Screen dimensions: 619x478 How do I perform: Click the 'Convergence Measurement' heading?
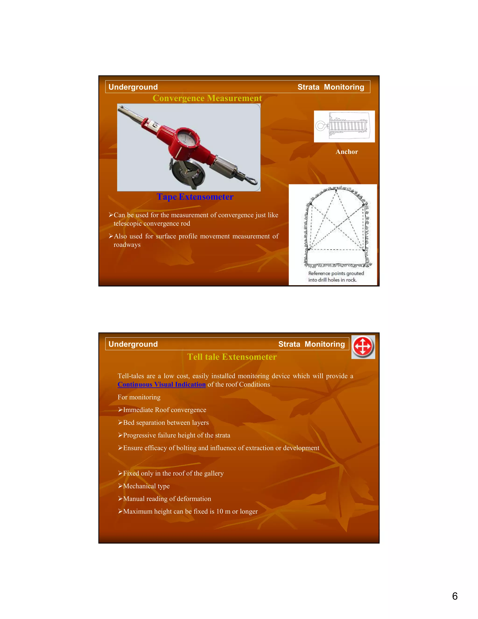[x=207, y=98]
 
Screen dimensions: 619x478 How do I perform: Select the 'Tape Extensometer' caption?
[x=195, y=197]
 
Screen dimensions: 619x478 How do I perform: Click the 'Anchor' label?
[x=347, y=152]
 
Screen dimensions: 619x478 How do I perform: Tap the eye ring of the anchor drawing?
[x=320, y=126]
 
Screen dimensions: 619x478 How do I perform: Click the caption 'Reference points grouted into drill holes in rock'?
[x=336, y=277]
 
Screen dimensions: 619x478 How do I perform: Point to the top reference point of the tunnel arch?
[x=336, y=191]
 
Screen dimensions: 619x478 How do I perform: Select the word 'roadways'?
[x=127, y=245]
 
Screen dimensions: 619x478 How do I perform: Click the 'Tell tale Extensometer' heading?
[x=232, y=357]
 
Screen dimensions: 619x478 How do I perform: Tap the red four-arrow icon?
[x=363, y=347]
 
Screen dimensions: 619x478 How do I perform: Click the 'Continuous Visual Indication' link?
[x=162, y=385]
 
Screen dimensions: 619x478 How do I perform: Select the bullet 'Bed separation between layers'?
[x=166, y=423]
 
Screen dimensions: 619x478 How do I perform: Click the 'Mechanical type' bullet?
[x=146, y=486]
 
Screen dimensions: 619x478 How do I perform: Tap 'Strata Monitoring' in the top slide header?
[x=330, y=87]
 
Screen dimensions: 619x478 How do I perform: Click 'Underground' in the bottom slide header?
[x=133, y=344]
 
